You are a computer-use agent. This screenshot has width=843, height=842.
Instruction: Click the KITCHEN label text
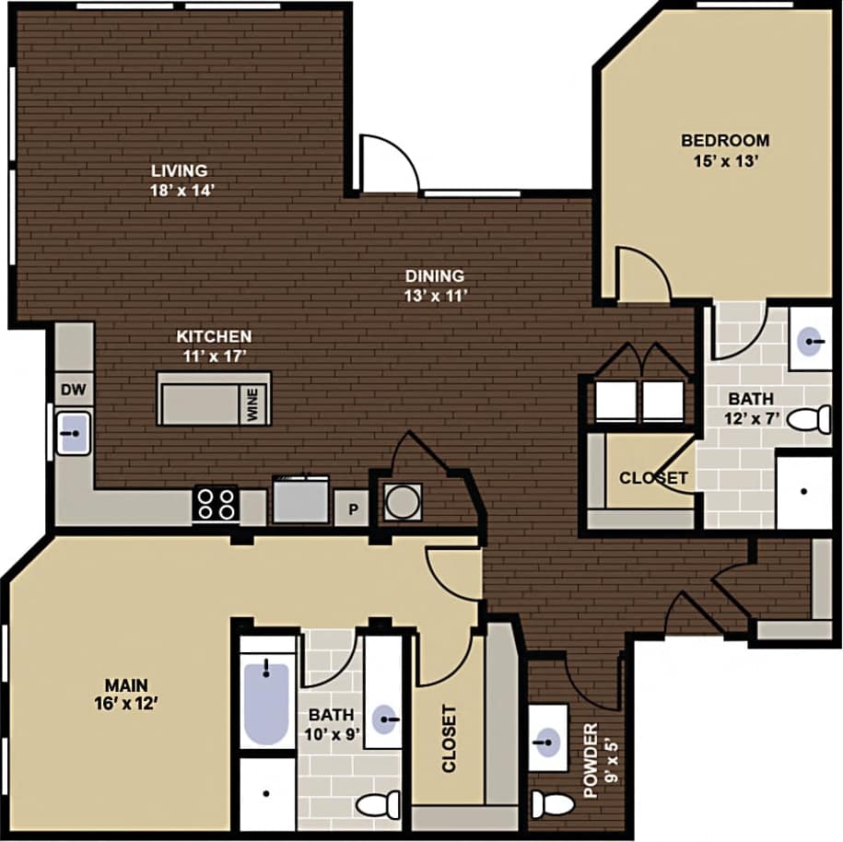tap(215, 336)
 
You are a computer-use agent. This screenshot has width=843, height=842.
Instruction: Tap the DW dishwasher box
tap(74, 390)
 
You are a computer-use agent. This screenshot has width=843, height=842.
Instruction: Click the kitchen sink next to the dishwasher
tap(74, 431)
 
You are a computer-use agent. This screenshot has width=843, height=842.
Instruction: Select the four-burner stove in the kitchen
tap(216, 505)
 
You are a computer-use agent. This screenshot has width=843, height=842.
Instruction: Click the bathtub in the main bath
tap(266, 701)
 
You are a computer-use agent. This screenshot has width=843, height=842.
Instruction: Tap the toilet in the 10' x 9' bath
tap(379, 804)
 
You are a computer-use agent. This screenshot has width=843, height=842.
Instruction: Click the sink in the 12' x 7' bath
tap(811, 343)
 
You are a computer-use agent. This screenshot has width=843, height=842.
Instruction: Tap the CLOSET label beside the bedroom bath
tap(653, 478)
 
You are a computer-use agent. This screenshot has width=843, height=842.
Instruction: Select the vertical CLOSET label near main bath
tap(449, 738)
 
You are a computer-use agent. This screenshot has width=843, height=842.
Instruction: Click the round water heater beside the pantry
tap(403, 502)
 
